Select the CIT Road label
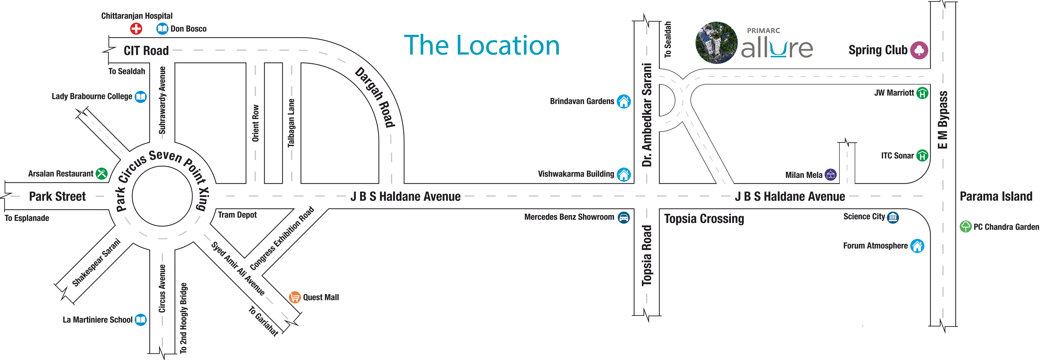(x=146, y=50)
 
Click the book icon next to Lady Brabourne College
(x=140, y=97)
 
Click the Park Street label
(x=58, y=197)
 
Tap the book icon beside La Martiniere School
(x=140, y=320)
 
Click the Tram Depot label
(x=237, y=215)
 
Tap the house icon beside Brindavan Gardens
(x=623, y=101)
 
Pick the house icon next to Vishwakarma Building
(x=623, y=174)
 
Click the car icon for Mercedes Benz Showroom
(x=623, y=217)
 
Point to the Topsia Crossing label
(x=704, y=219)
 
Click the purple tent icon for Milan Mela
(x=830, y=175)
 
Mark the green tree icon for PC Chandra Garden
(x=966, y=227)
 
